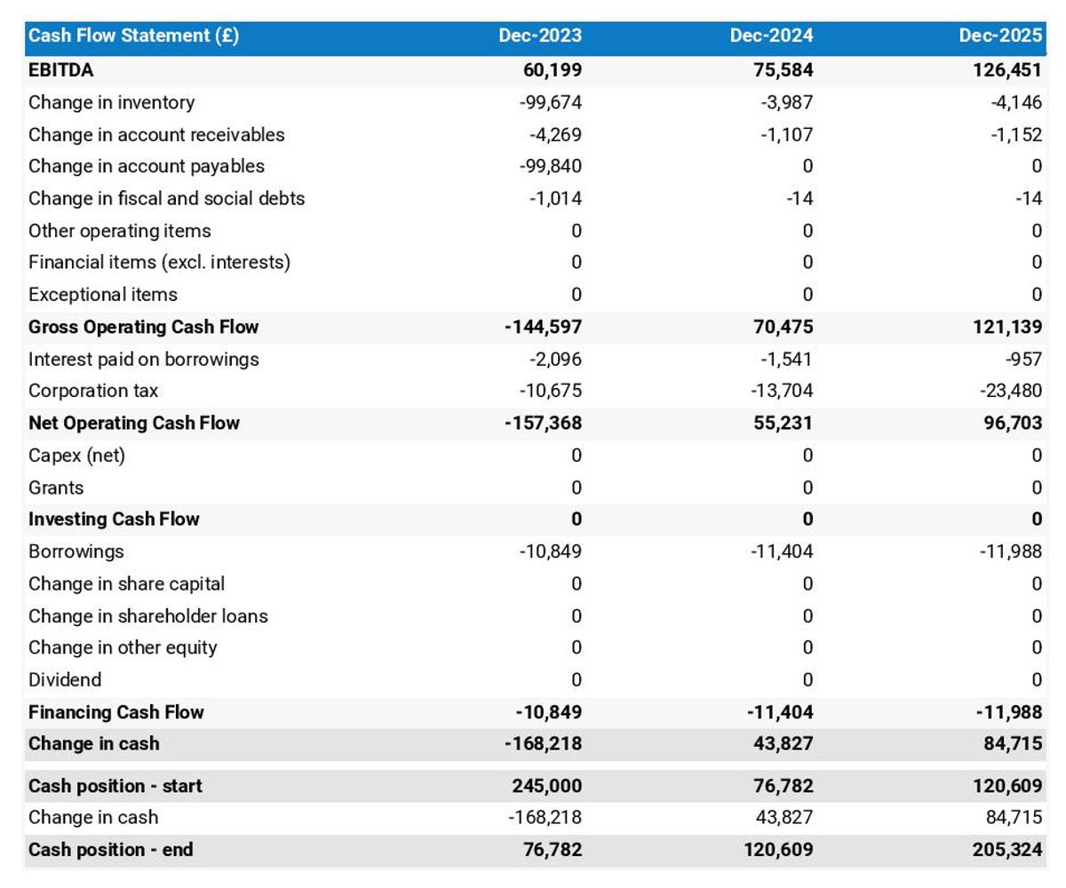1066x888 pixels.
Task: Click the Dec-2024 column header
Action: (771, 36)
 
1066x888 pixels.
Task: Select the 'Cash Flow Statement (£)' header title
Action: (133, 36)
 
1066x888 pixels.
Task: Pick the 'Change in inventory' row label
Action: (111, 103)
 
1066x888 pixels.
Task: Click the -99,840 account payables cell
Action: (551, 166)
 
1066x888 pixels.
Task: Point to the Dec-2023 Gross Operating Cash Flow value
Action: (543, 327)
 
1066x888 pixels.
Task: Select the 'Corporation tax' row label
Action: (93, 391)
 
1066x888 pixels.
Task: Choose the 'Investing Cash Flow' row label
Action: (114, 519)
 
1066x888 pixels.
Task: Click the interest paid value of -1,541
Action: (786, 359)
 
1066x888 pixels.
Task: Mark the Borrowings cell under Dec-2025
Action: (1012, 551)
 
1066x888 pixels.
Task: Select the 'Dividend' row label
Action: (65, 680)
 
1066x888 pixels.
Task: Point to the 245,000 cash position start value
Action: (547, 786)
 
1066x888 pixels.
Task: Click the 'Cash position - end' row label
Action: (110, 850)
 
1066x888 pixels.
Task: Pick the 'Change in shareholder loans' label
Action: (147, 616)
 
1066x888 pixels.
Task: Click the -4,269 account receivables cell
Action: (555, 135)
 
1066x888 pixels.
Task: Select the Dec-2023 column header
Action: (540, 36)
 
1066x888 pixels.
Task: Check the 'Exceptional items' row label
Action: (102, 295)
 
